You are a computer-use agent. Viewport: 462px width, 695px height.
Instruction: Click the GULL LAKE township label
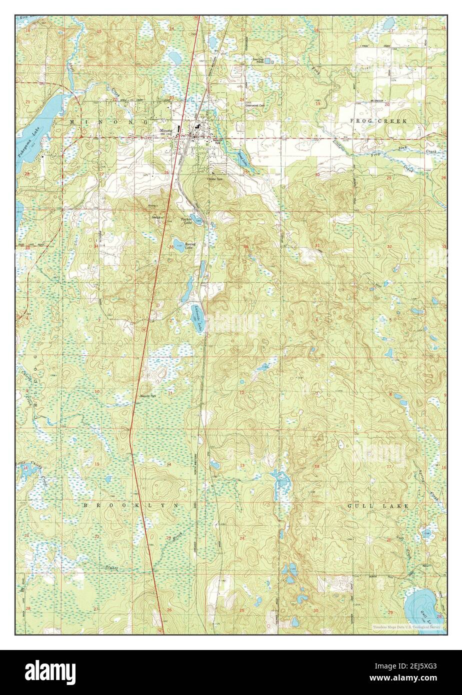click(378, 506)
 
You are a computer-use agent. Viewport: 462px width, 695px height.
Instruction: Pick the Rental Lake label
click(190, 246)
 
